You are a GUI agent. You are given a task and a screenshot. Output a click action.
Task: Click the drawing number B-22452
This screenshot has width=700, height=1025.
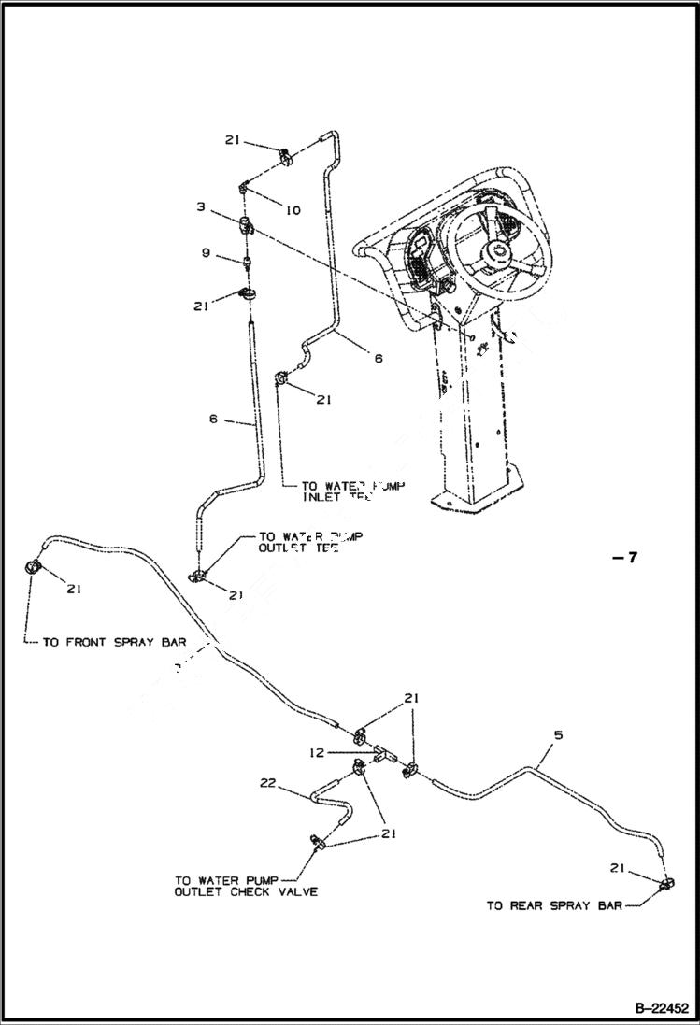pyautogui.click(x=662, y=1009)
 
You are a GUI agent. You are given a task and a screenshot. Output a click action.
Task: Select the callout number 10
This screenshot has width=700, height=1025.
pyautogui.click(x=293, y=210)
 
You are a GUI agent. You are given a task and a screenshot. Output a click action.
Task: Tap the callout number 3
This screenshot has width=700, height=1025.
pyautogui.click(x=201, y=206)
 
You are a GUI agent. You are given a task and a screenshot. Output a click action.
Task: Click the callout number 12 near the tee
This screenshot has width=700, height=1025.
pyautogui.click(x=319, y=750)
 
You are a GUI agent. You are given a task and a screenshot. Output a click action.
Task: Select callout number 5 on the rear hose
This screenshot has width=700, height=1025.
pyautogui.click(x=558, y=735)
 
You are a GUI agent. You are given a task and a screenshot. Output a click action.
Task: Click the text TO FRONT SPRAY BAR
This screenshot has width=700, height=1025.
pyautogui.click(x=114, y=643)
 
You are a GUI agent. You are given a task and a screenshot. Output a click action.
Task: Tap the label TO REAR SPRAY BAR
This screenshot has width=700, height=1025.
pyautogui.click(x=554, y=905)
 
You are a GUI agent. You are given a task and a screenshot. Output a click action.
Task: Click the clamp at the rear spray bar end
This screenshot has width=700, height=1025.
pyautogui.click(x=666, y=884)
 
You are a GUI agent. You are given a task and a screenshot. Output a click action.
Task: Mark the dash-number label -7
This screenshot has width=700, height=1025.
pyautogui.click(x=624, y=558)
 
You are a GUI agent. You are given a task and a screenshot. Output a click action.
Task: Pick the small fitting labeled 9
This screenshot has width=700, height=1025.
pyautogui.click(x=247, y=262)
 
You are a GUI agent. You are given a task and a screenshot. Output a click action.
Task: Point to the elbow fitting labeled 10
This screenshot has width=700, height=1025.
pyautogui.click(x=243, y=188)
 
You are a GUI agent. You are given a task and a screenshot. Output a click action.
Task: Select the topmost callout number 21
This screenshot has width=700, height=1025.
pyautogui.click(x=233, y=140)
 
